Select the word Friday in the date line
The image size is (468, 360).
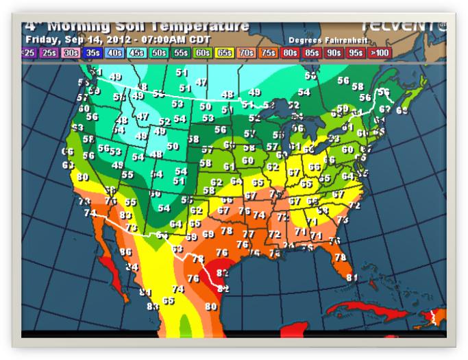point(42,40)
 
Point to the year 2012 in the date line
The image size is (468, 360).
point(121,40)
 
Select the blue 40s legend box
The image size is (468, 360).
point(115,52)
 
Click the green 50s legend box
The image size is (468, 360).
point(159,52)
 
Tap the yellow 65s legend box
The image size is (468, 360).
point(225,52)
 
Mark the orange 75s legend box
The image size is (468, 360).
point(269,52)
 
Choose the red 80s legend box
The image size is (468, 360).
point(291,52)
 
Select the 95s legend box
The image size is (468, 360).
point(356,52)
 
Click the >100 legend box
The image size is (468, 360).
point(379,52)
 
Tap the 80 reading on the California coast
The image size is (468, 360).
point(83,177)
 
